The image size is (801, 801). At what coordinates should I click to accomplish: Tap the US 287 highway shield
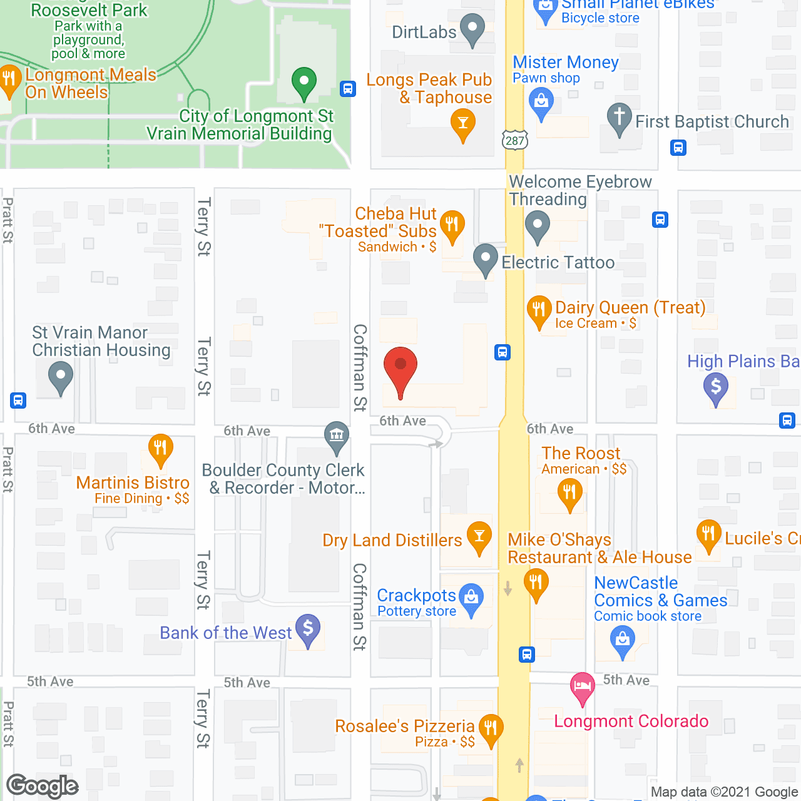515,140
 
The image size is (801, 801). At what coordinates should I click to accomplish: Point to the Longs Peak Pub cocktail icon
463,123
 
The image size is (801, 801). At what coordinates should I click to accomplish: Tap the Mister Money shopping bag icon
541,100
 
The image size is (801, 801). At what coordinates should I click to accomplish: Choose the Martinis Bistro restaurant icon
160,447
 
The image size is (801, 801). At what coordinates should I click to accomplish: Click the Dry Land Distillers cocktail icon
479,535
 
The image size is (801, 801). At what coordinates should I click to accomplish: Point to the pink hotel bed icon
583,686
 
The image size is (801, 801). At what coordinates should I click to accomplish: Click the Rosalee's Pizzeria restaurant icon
491,728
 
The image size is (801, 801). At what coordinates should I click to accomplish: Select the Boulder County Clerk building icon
337,434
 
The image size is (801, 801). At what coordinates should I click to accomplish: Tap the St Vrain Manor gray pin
61,377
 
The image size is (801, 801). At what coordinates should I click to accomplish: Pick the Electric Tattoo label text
558,263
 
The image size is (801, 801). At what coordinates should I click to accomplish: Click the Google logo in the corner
43,786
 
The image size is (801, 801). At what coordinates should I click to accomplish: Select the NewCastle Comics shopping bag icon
623,640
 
